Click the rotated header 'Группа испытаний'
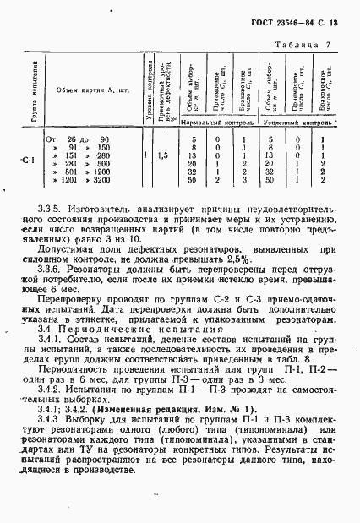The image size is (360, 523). point(34,93)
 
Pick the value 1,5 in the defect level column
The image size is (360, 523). point(163,155)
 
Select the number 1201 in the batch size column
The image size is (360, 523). point(68,180)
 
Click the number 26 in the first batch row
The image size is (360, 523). point(70,139)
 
